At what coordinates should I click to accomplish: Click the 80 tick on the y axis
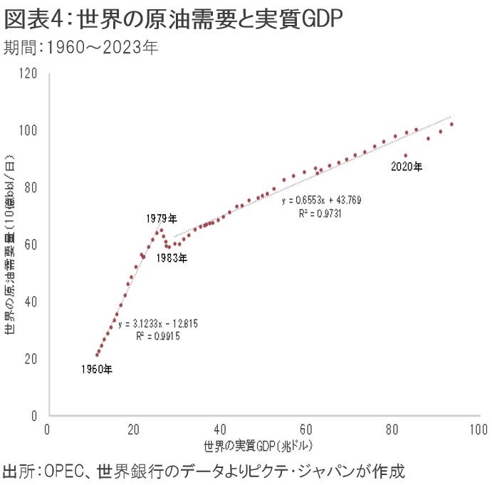coord(30,187)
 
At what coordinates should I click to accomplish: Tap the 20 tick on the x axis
coord(133,430)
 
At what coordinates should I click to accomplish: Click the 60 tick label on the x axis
coord(305,430)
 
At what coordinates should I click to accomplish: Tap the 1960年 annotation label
coord(96,369)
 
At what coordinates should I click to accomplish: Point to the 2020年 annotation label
coord(407,167)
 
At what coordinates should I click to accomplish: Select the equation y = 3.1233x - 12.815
coord(158,324)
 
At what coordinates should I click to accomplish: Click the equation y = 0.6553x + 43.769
coord(322,201)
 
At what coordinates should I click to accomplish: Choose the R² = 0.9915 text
coord(158,335)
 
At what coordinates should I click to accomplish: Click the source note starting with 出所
coord(203,470)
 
